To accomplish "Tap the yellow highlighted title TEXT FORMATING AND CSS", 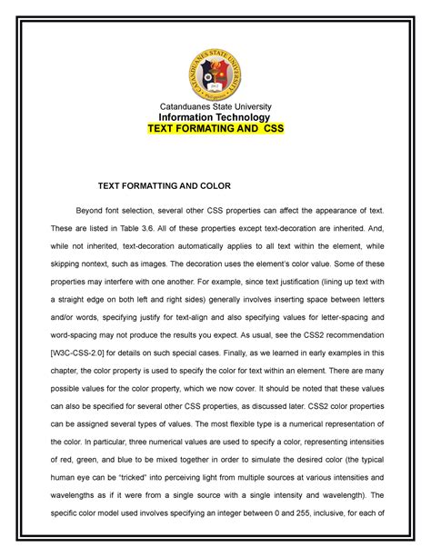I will tap(216, 130).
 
